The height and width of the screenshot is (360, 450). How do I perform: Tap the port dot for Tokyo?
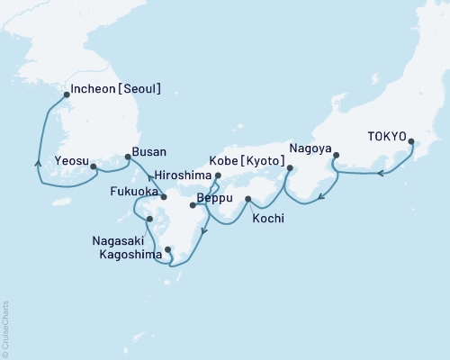pos(411,141)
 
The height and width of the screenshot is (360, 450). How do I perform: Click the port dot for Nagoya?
pos(335,156)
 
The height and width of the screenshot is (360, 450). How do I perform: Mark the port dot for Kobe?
pos(290,167)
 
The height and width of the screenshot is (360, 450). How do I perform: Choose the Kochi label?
pos(270,218)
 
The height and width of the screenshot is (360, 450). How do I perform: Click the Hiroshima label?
pos(182,176)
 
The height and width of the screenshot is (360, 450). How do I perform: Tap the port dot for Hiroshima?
pos(218,176)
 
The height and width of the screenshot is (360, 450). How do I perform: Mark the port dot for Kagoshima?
pos(168,249)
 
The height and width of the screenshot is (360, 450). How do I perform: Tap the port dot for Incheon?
pos(67,94)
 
